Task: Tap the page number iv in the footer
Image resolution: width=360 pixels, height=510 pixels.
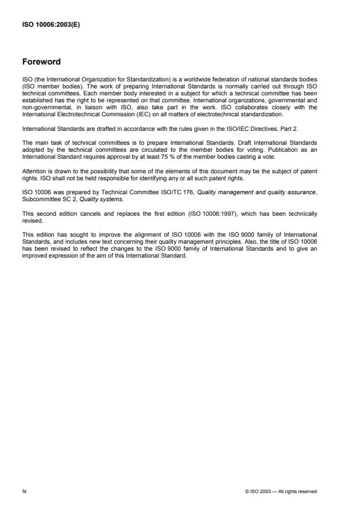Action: [x=24, y=491]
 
